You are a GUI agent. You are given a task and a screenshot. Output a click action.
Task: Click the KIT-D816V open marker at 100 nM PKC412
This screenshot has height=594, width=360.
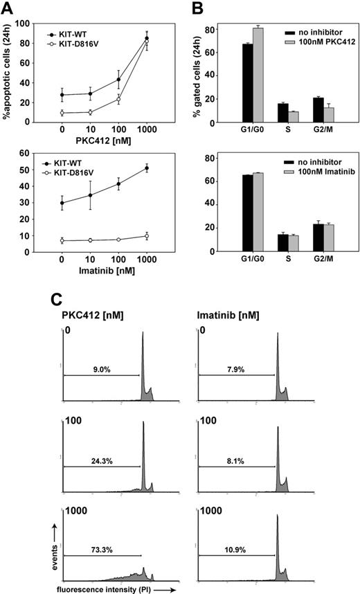119,99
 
